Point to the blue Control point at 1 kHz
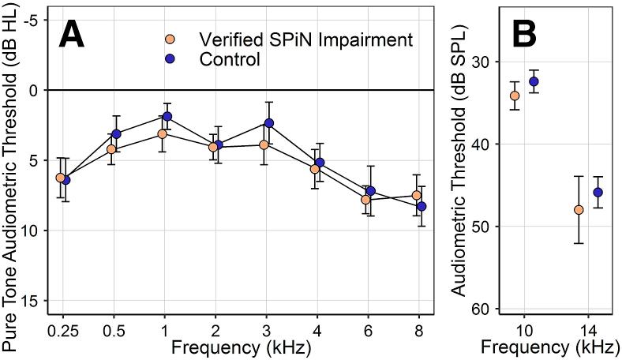click(x=167, y=117)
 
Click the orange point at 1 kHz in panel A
click(x=162, y=134)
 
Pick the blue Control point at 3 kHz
click(x=269, y=123)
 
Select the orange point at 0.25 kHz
click(x=60, y=178)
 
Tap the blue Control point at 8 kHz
click(x=422, y=206)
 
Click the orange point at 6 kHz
click(x=365, y=200)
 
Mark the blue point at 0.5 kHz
click(x=116, y=134)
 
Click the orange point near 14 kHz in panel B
click(x=579, y=210)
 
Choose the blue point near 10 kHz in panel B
click(x=534, y=81)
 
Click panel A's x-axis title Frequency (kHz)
click(x=241, y=347)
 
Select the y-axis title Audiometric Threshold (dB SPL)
click(x=458, y=162)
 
